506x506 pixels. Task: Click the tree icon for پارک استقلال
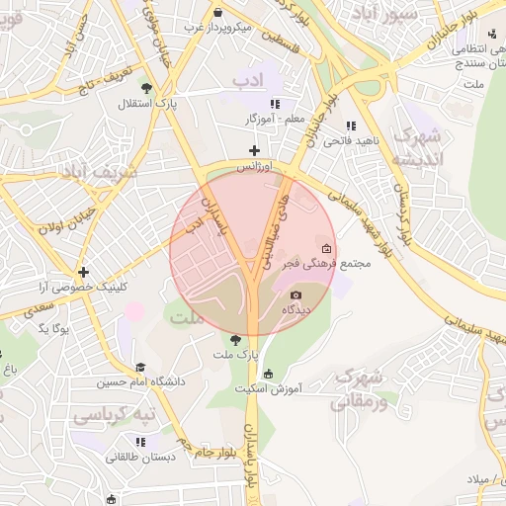pos(147,88)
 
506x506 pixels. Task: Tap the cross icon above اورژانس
pos(254,150)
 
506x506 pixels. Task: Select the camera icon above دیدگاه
pos(295,295)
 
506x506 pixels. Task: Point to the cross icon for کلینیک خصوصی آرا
pos(84,272)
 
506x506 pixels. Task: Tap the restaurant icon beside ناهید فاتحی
pos(351,126)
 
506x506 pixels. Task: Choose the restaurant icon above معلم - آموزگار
pos(276,104)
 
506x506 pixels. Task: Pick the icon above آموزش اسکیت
pos(268,374)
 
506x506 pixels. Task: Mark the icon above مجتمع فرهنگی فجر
pos(327,248)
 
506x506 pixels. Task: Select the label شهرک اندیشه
pos(415,147)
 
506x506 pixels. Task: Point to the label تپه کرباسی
pos(116,413)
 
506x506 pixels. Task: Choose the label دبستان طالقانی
pos(141,457)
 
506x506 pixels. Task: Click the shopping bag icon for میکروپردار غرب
pos(216,12)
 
